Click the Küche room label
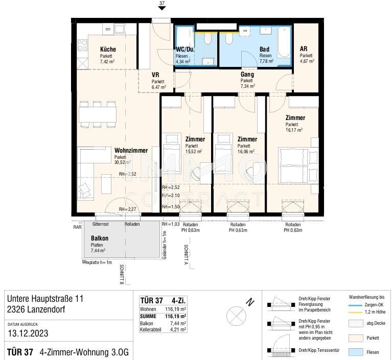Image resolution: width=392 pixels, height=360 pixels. (x=108, y=50)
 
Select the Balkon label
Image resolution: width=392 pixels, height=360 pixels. (x=99, y=238)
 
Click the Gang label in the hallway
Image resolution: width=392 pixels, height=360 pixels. (x=247, y=75)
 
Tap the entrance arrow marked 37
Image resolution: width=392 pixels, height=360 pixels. (x=162, y=7)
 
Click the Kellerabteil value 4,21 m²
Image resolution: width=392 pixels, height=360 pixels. (x=176, y=331)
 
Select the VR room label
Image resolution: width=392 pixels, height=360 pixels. (x=155, y=75)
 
